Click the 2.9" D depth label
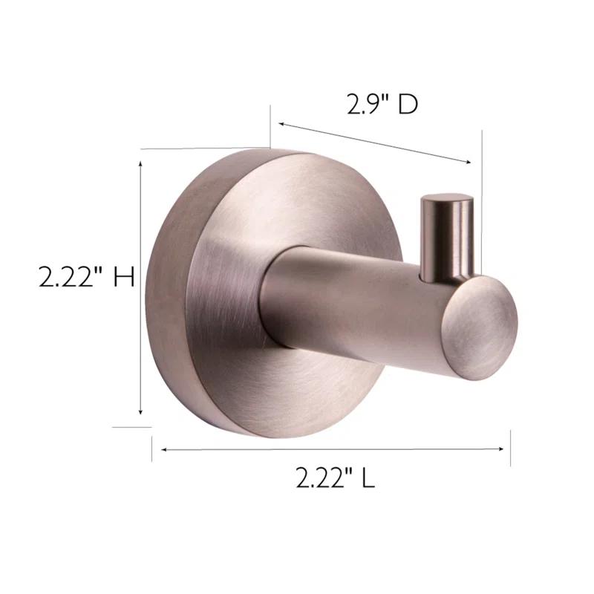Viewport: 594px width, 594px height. (382, 105)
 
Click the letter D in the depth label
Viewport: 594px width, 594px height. (408, 105)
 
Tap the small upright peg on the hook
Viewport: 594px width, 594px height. (446, 236)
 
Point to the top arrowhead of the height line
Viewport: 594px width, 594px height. (141, 159)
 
